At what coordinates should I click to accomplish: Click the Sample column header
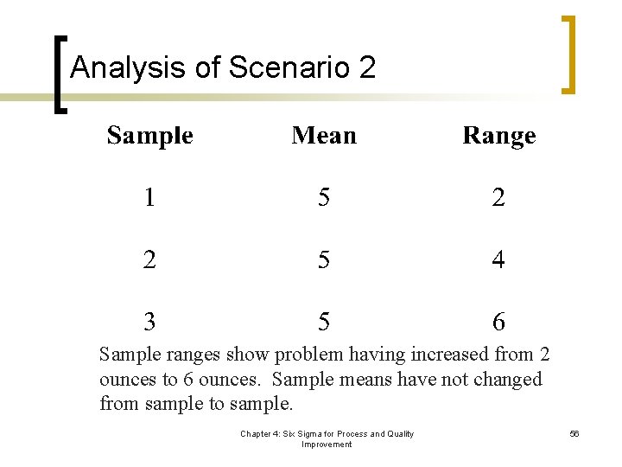coord(149,136)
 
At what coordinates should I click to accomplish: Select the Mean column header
coord(324,136)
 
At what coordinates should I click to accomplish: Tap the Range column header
coord(498,137)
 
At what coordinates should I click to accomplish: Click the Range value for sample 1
coord(498,198)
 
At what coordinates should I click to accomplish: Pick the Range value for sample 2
coord(498,259)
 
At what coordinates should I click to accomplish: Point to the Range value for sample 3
coord(498,323)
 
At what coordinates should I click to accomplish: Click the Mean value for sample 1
coord(323,198)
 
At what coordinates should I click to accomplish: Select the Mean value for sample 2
coord(323,259)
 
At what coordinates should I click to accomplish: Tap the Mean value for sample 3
coord(323,323)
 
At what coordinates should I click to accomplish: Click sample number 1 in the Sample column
coord(150,198)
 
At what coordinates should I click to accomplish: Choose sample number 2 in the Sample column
coord(150,259)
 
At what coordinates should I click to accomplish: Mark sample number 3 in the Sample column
coord(150,323)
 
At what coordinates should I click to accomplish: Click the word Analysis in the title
coord(129,67)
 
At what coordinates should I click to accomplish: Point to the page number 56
coord(574,434)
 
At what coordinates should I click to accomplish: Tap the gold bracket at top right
coord(568,54)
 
